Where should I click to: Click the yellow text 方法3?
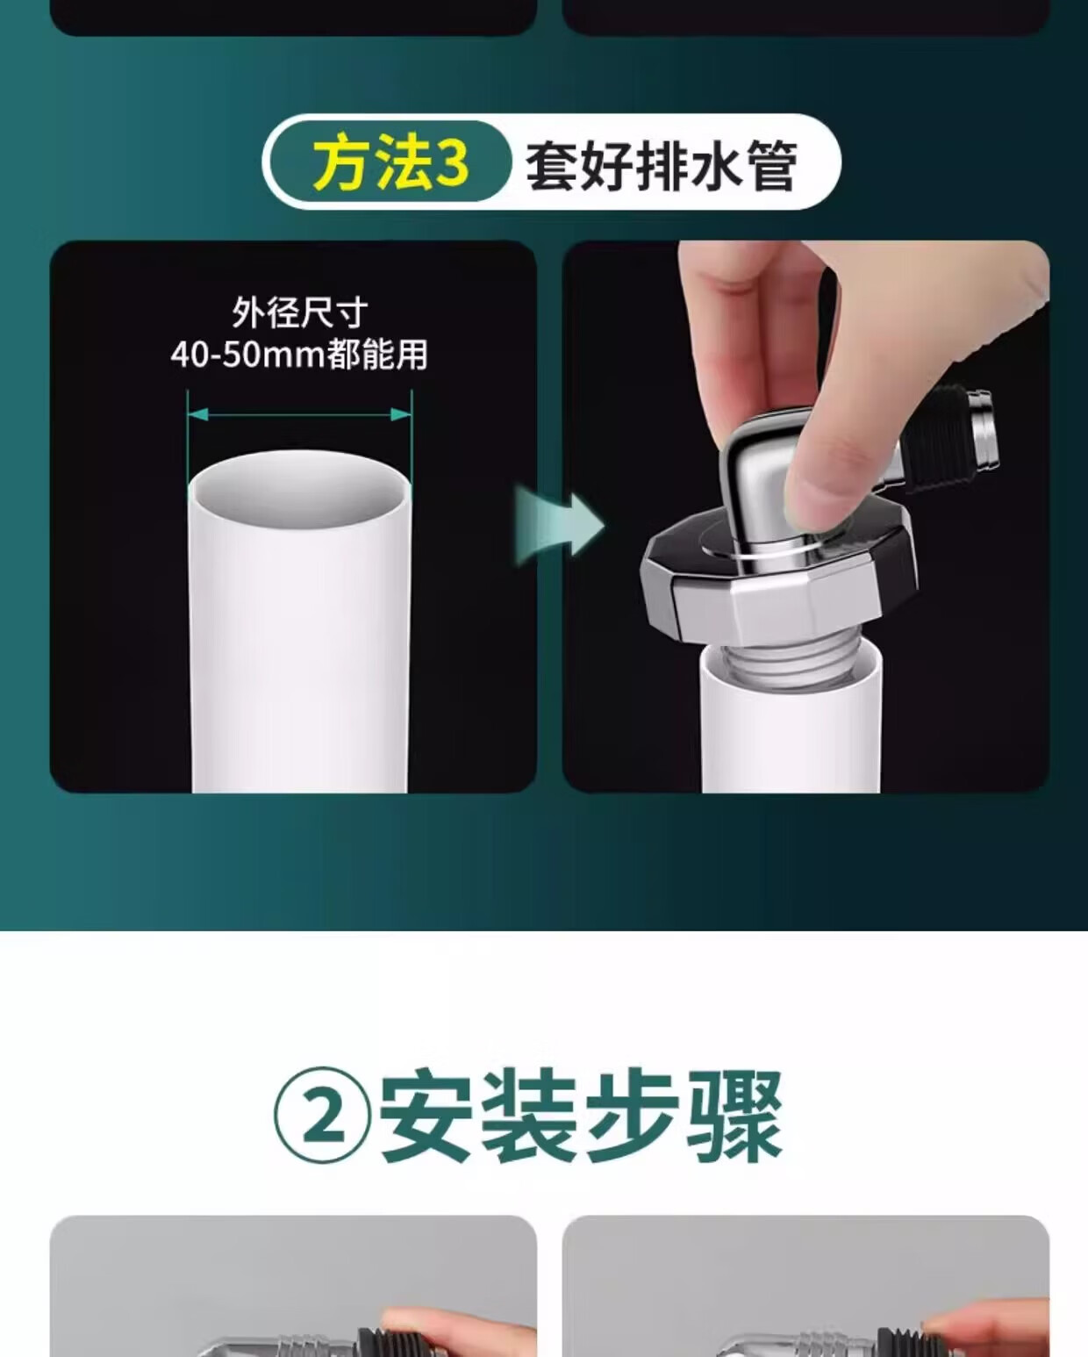tap(390, 163)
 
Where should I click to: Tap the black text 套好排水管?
tap(662, 165)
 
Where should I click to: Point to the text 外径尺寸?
tap(300, 312)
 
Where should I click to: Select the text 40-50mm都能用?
tap(299, 355)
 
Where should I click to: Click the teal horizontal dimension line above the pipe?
tap(299, 414)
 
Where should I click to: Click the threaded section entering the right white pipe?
tap(791, 665)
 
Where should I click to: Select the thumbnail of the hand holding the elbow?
tap(805, 516)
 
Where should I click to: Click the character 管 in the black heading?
tap(771, 166)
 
